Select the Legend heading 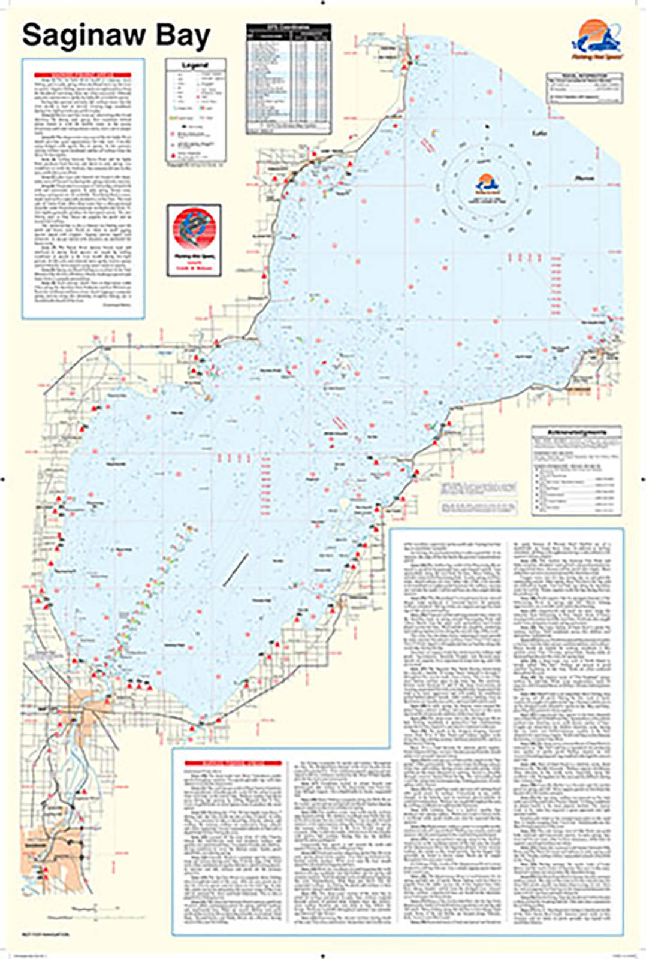(195, 64)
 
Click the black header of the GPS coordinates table (288, 28)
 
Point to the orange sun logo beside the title (597, 35)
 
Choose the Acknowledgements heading (576, 432)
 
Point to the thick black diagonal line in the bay (236, 569)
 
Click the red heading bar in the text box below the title (83, 75)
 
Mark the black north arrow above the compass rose (486, 126)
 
